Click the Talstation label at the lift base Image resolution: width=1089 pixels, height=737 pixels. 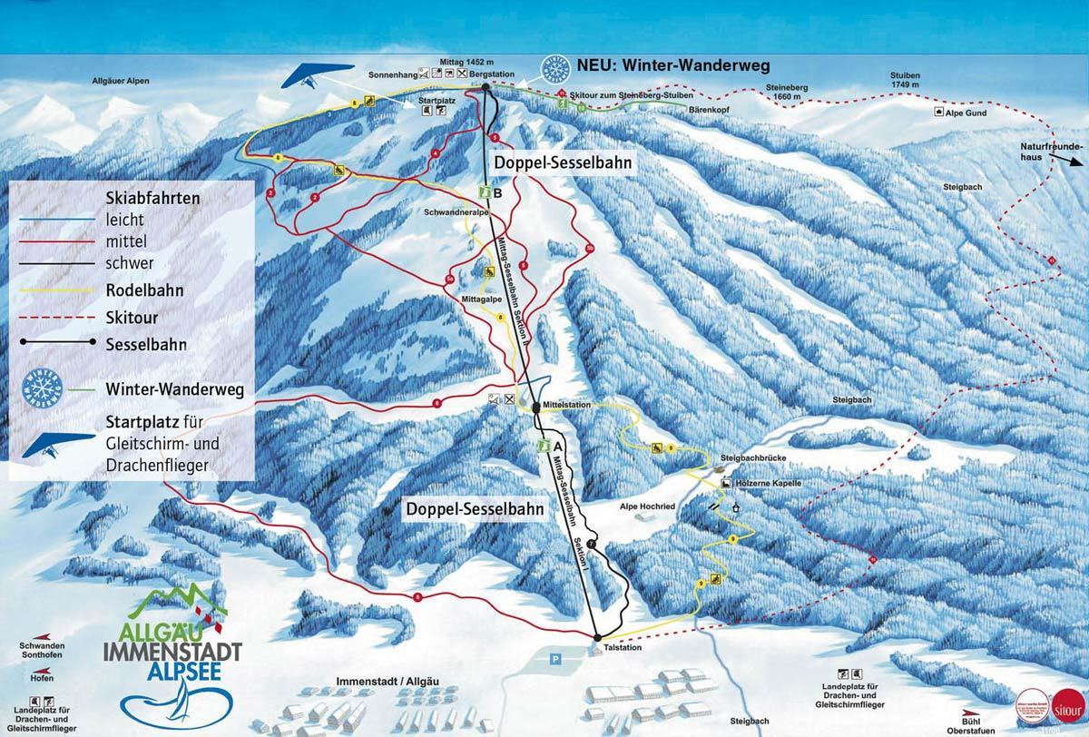tap(623, 647)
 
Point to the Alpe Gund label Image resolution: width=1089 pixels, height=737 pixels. tap(966, 113)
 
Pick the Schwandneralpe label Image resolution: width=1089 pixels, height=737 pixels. tap(453, 211)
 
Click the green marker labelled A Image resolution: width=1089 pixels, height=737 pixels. tap(544, 446)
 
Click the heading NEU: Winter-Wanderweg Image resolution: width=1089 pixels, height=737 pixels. tap(672, 65)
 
